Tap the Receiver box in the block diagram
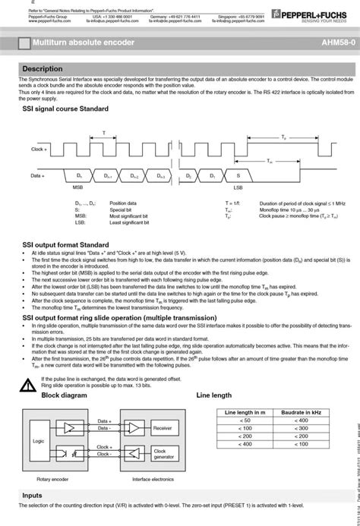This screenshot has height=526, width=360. click(x=163, y=428)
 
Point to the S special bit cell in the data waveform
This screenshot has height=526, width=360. click(x=238, y=175)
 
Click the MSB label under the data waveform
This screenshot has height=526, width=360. click(x=77, y=186)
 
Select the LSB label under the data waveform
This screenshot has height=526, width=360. click(x=238, y=186)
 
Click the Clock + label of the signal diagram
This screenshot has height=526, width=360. click(x=39, y=150)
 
